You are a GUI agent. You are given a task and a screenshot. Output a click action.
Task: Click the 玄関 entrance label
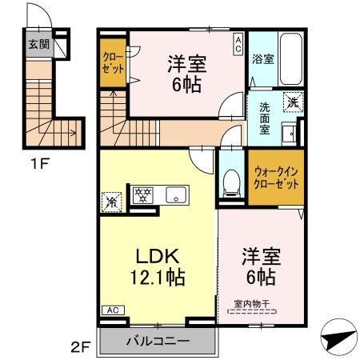[x=37, y=44]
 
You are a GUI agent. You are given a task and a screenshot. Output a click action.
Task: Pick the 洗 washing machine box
[x=294, y=102]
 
